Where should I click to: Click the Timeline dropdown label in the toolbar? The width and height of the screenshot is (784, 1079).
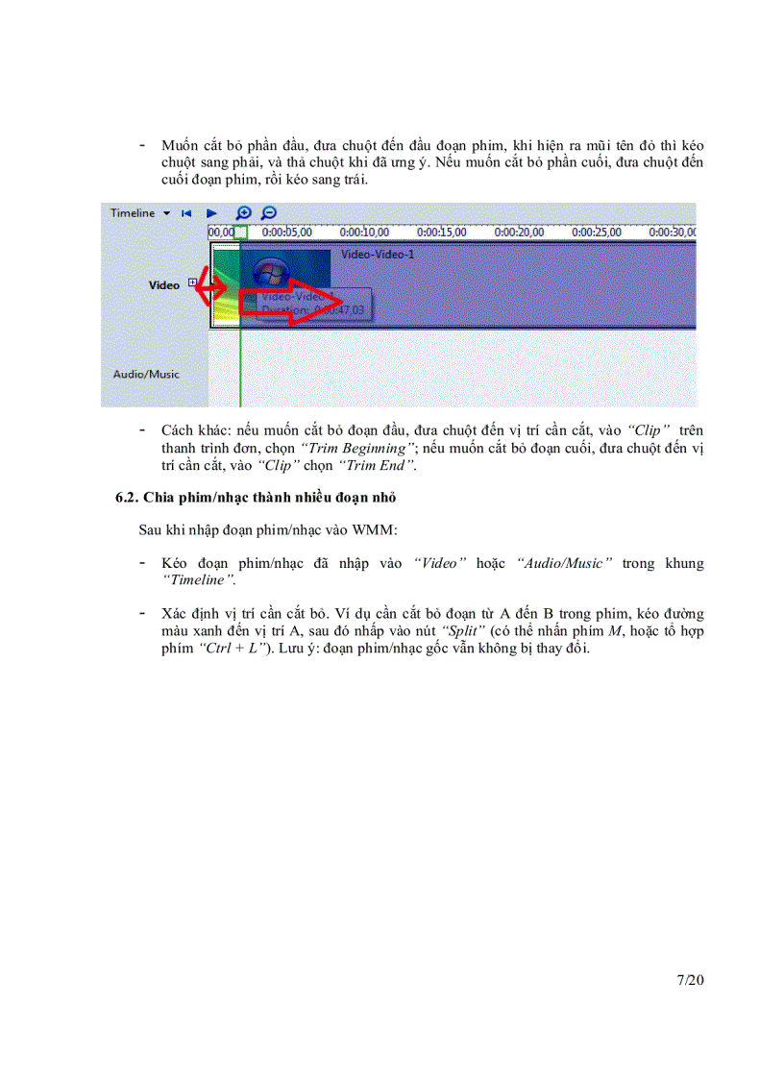pos(132,212)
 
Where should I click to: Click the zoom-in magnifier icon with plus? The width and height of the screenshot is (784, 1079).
pos(244,213)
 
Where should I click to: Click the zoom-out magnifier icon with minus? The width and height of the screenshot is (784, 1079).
pos(269,213)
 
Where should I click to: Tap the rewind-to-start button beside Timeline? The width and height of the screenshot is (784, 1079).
pos(186,213)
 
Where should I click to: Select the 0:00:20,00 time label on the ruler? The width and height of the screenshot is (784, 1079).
pos(518,232)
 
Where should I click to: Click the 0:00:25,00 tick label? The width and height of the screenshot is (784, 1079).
pos(596,232)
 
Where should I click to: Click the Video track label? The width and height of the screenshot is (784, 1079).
pos(163,285)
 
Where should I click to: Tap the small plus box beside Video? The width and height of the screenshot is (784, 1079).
pos(193,282)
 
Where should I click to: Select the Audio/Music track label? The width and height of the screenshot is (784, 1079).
pos(146,374)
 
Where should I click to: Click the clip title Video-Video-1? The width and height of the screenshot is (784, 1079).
pos(378,256)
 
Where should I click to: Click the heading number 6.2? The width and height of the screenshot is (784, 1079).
pos(127,498)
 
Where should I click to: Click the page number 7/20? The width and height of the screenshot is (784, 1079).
pos(691,980)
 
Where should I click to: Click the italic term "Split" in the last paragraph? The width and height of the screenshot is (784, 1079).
pos(461,630)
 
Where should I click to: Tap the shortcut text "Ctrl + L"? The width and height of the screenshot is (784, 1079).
pos(232,648)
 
